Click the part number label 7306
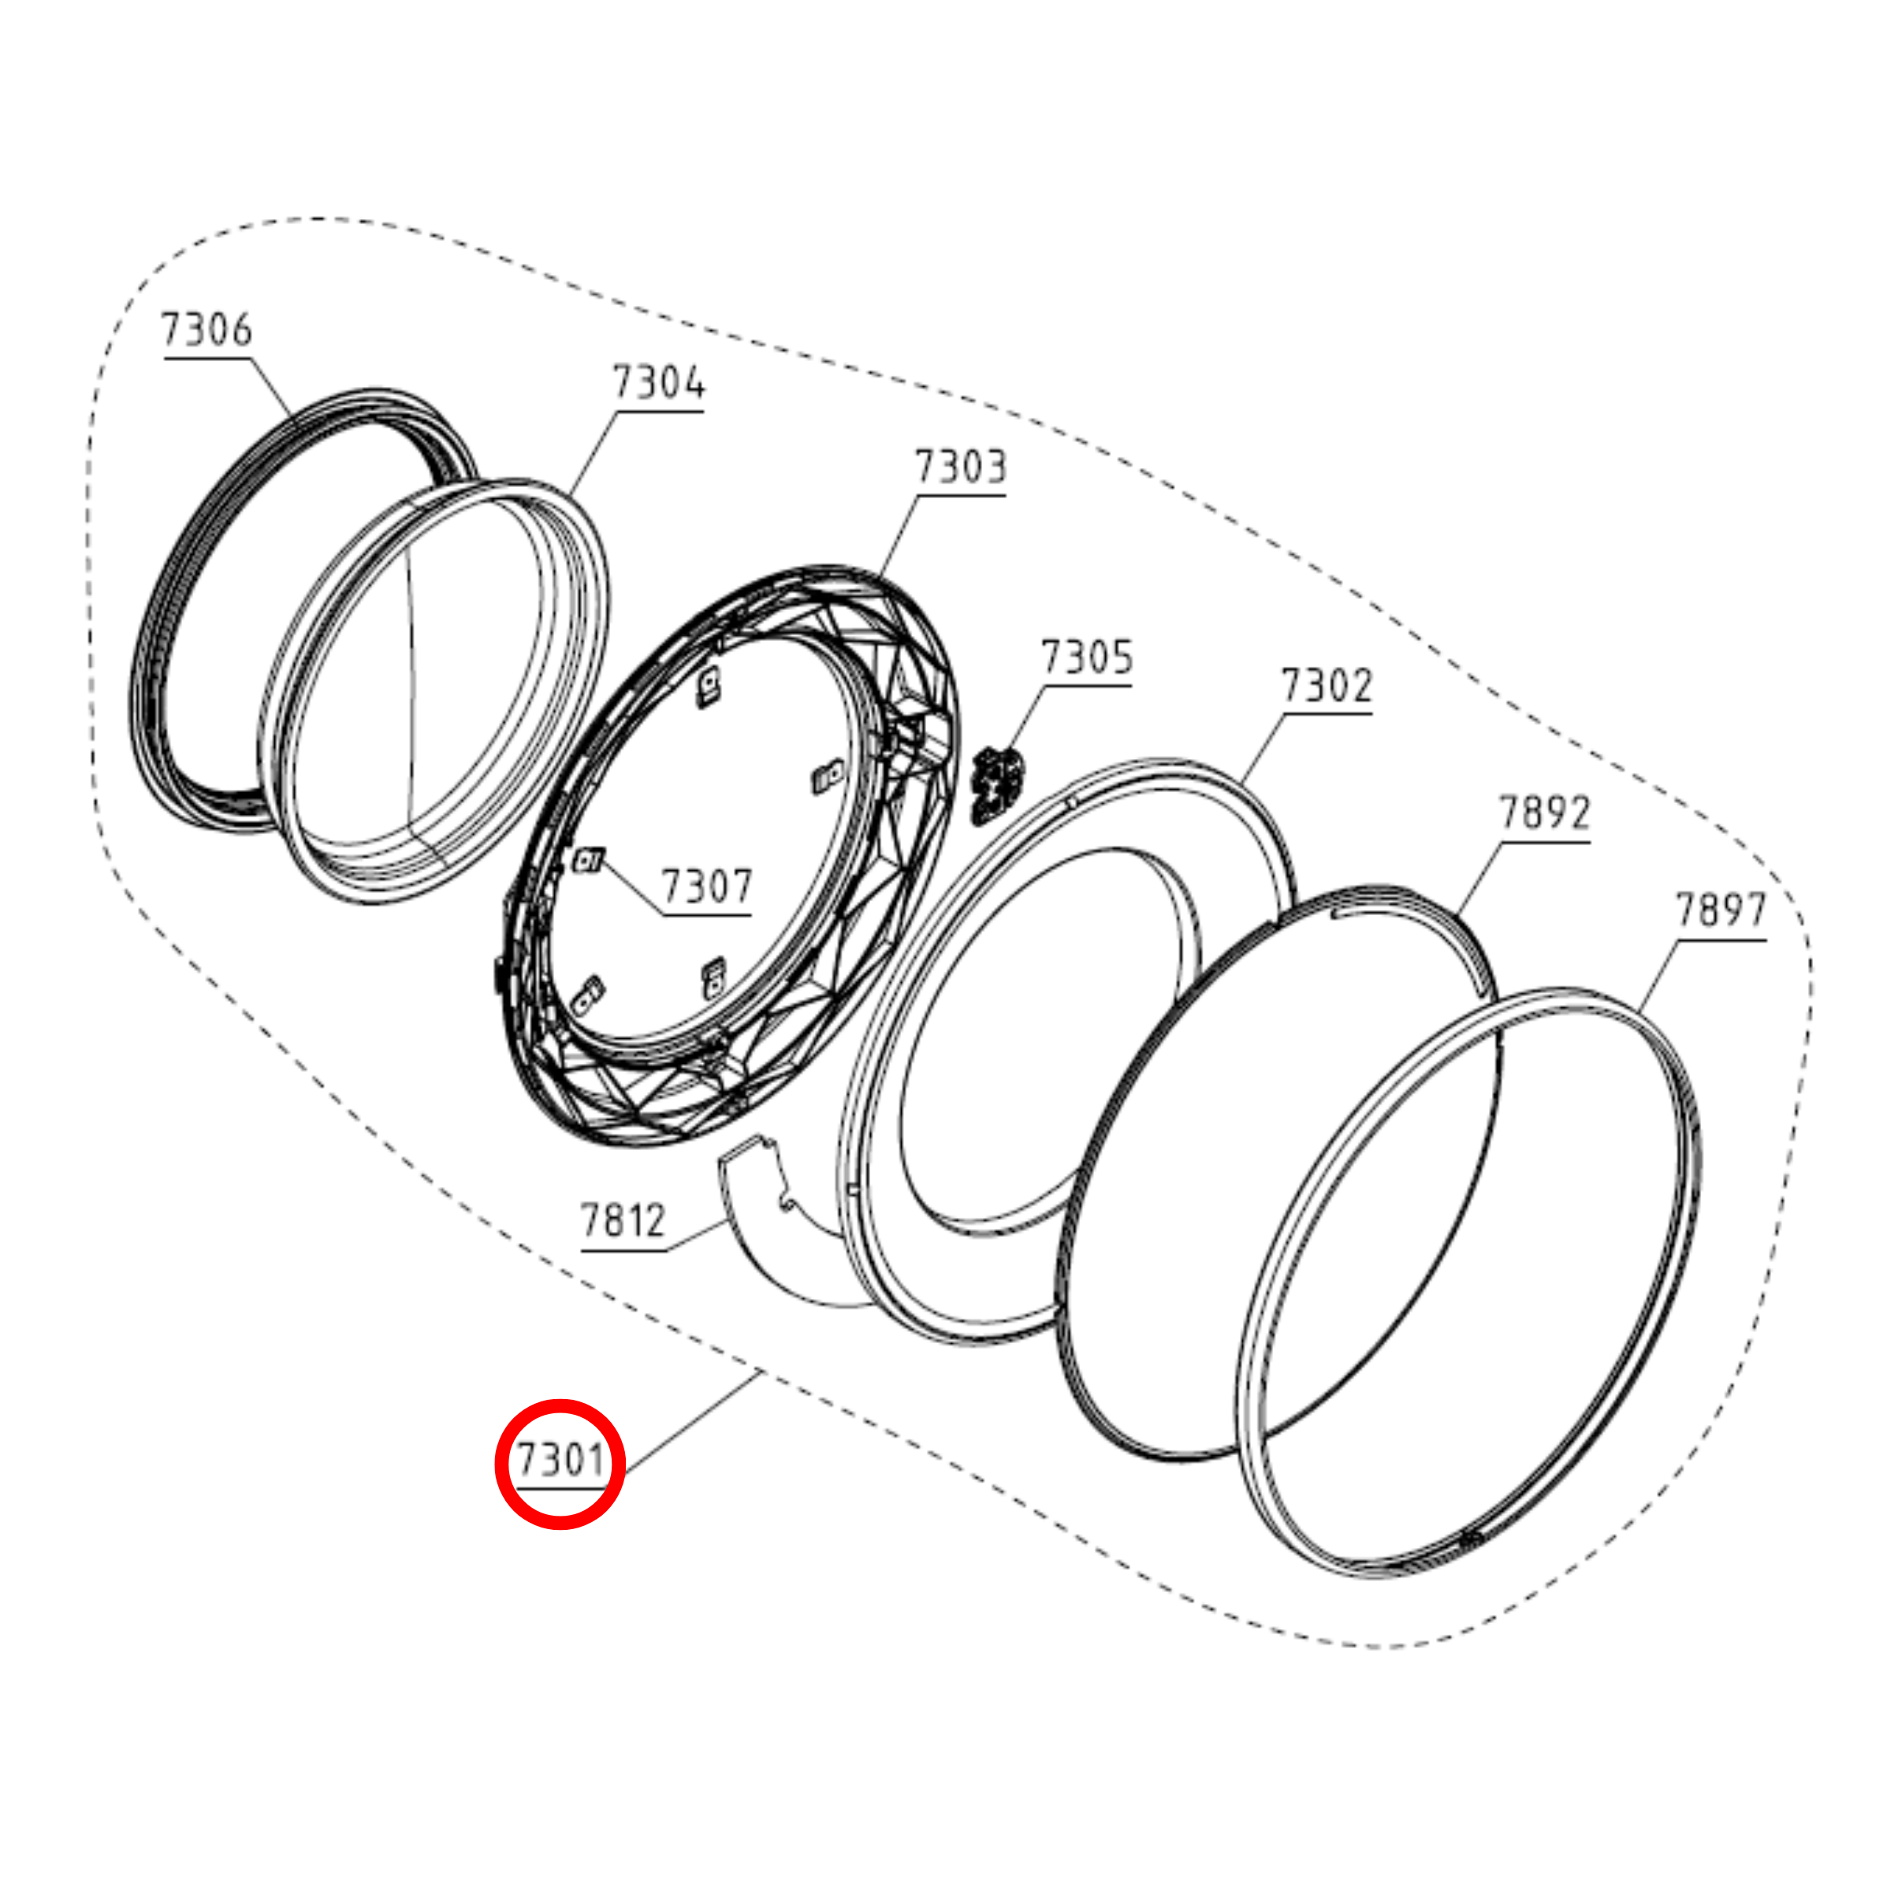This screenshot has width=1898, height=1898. [207, 329]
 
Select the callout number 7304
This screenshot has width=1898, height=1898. [658, 382]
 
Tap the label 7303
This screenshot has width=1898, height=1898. [961, 467]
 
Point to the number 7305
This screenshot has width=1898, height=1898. [1086, 657]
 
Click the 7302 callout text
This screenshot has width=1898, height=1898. [1327, 685]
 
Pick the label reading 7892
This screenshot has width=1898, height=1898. [1543, 813]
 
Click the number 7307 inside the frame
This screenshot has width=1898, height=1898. [706, 886]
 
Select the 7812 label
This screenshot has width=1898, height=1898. [623, 1220]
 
